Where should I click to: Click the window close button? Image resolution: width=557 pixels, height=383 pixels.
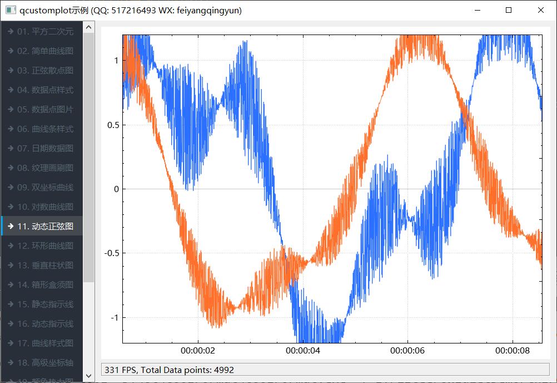click(x=540, y=10)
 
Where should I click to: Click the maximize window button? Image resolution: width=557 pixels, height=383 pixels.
click(x=509, y=10)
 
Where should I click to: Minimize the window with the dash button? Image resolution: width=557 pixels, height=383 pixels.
click(x=476, y=10)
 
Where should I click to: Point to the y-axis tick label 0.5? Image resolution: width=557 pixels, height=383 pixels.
click(x=113, y=125)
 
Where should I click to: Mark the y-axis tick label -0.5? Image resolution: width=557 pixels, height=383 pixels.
click(x=111, y=253)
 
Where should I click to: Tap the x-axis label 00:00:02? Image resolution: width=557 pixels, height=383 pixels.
click(x=198, y=351)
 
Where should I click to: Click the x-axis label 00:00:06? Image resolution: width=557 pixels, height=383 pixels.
click(x=407, y=351)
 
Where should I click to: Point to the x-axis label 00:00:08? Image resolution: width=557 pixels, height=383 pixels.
click(x=512, y=351)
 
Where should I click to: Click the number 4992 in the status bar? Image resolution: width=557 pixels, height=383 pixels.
click(x=223, y=370)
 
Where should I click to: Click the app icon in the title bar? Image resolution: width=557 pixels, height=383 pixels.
click(x=11, y=10)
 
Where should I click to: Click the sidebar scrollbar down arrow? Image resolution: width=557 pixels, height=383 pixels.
click(x=88, y=377)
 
